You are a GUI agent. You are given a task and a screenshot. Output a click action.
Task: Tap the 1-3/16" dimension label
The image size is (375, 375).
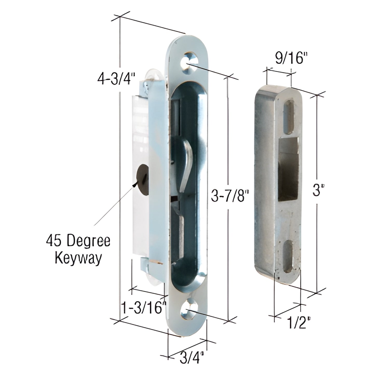point(143,309)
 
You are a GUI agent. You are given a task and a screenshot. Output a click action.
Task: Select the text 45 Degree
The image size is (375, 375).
point(78,241)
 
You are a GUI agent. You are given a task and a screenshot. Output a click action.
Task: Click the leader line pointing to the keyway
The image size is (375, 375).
point(114,205)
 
